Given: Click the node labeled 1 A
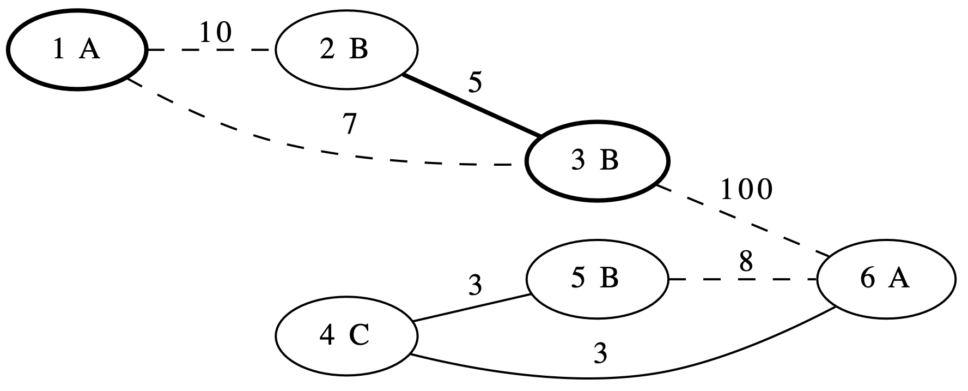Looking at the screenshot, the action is pyautogui.click(x=77, y=50).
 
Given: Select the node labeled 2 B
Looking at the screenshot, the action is pyautogui.click(x=346, y=50).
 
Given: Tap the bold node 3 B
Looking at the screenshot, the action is pyautogui.click(x=597, y=161).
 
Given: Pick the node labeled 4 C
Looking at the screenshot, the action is pyautogui.click(x=346, y=336).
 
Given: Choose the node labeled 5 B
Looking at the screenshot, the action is pyautogui.click(x=597, y=279).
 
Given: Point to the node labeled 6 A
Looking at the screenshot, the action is pyautogui.click(x=885, y=279).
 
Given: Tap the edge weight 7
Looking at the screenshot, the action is pyautogui.click(x=350, y=125).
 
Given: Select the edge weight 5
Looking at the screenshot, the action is pyautogui.click(x=475, y=83).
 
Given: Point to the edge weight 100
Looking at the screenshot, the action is pyautogui.click(x=746, y=190).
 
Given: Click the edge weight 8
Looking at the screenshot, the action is pyautogui.click(x=746, y=263).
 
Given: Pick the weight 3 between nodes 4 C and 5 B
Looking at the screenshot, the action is pyautogui.click(x=476, y=286).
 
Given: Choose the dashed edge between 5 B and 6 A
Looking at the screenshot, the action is pyautogui.click(x=741, y=279).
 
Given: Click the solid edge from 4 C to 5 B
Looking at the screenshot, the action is pyautogui.click(x=472, y=308).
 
